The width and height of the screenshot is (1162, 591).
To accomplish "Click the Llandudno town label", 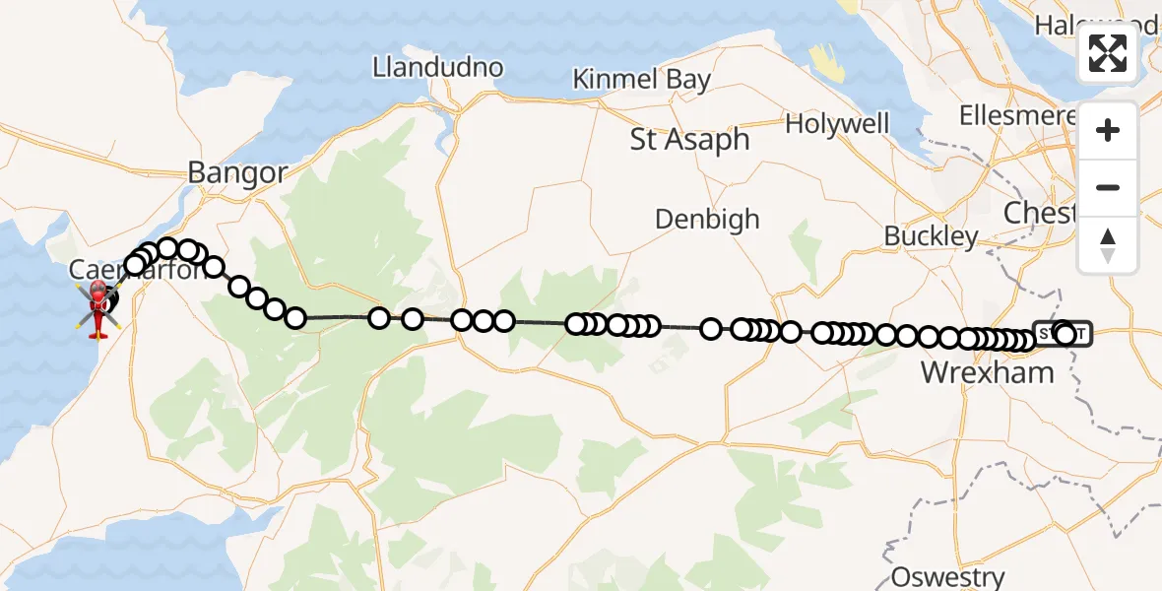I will pos(437,68).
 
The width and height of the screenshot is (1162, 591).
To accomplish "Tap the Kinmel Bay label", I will pos(642,80).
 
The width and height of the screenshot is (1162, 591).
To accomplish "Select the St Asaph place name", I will pos(689,140).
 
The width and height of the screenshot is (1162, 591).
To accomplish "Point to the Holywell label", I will pos(837,124).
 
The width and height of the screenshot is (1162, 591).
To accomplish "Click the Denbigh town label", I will pos(707,219).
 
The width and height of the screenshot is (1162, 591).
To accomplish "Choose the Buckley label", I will pos(931,236).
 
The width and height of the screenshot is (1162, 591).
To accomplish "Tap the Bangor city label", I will pos(237,174).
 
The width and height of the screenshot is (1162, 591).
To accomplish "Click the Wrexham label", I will pos(987,372).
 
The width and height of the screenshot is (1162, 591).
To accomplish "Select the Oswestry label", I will pos(947,577).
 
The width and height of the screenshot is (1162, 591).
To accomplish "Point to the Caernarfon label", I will pos(138,269).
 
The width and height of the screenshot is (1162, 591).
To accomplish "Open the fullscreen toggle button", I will pos(1108,53).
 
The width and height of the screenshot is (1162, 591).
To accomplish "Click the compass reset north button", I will pos(1108,245).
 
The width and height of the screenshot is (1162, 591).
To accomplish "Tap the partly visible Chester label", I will pos(1038,212).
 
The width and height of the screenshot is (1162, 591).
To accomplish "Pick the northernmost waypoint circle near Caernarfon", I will pos(167,247).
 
